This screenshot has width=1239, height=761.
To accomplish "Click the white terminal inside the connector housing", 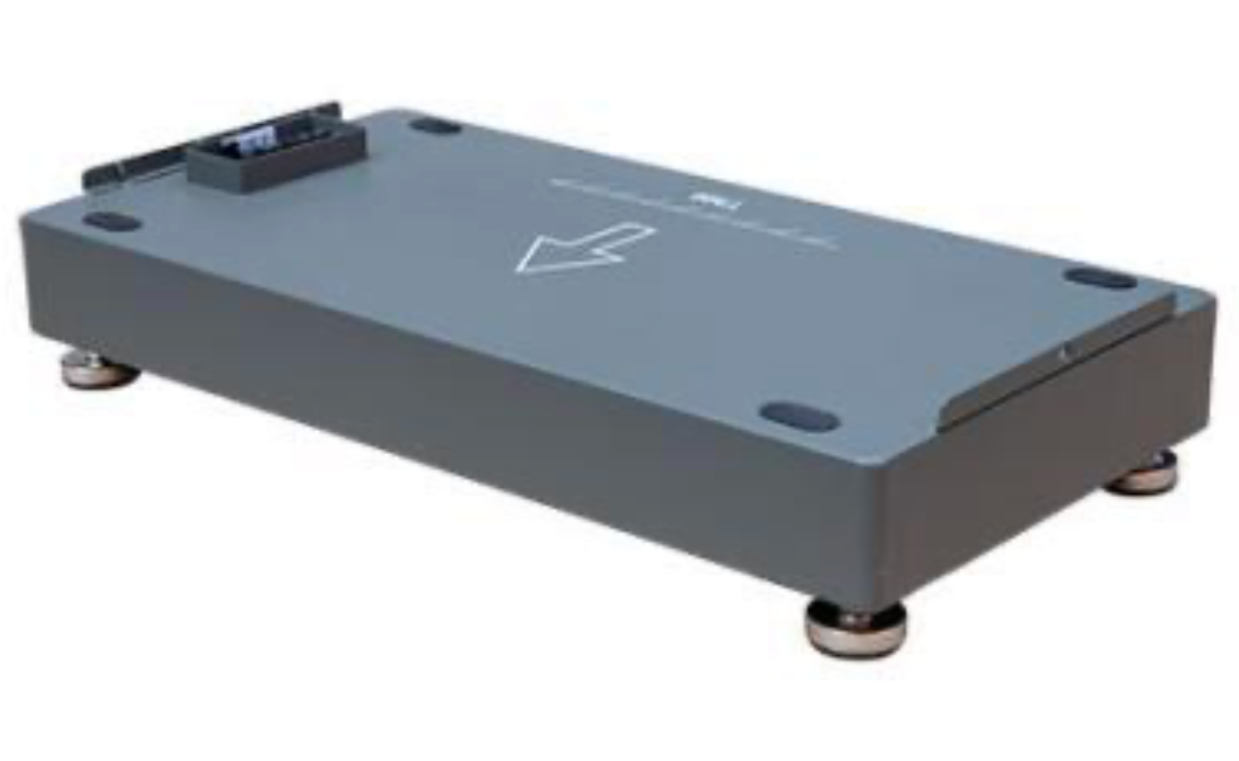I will click(250, 141).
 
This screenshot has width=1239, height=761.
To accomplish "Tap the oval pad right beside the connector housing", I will click(435, 126).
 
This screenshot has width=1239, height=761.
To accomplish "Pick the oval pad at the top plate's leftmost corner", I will click(111, 221).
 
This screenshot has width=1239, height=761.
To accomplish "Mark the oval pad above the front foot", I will click(800, 416).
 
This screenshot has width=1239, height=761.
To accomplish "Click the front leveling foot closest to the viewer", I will click(856, 627).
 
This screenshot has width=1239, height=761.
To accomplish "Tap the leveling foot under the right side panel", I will click(1142, 472).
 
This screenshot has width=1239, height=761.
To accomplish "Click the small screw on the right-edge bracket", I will click(1063, 349).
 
